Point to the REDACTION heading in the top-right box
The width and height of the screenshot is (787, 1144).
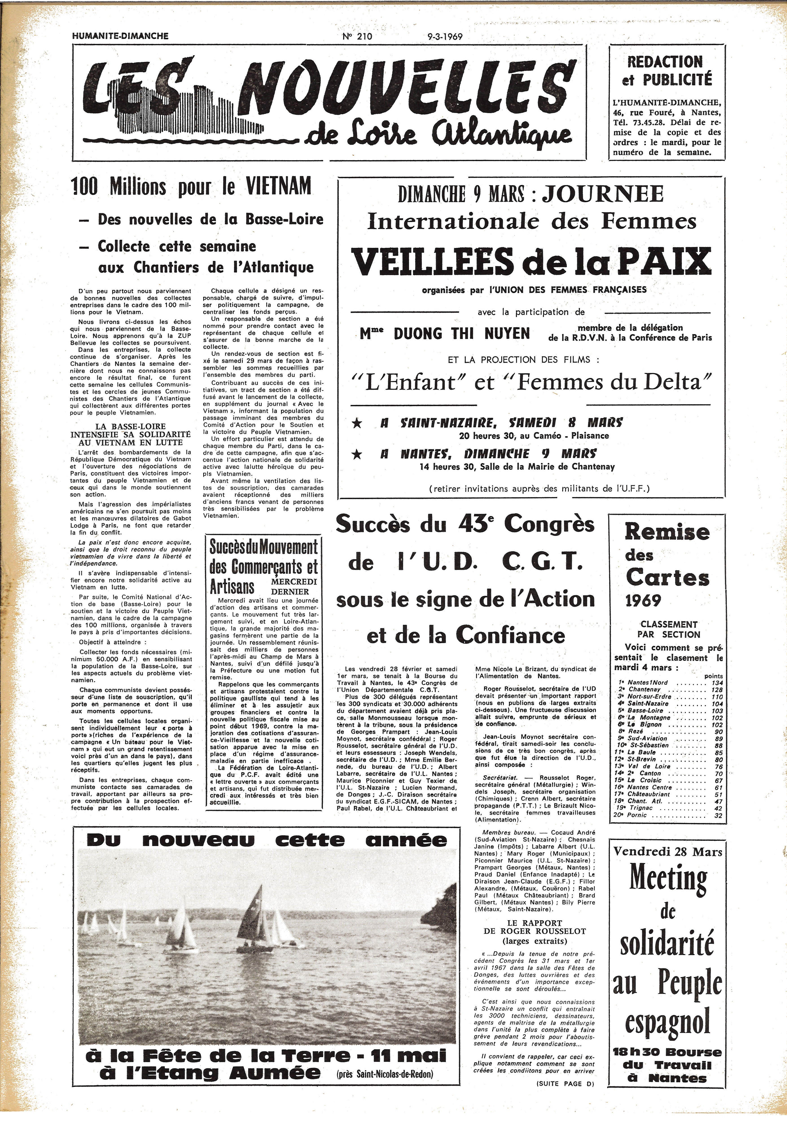pyautogui.click(x=665, y=62)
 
